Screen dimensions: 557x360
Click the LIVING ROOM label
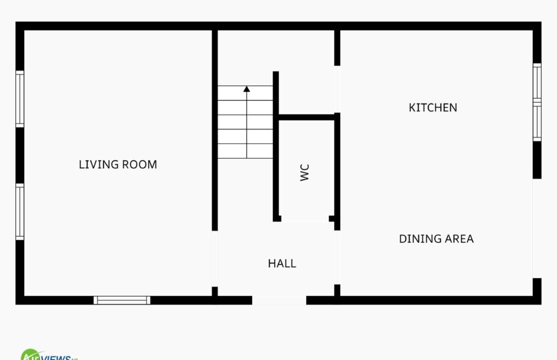[x=118, y=165]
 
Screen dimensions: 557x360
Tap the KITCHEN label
[x=433, y=107]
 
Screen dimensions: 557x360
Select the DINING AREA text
[x=436, y=239]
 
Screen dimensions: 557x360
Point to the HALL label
[x=282, y=263]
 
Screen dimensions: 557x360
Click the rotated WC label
[x=305, y=173]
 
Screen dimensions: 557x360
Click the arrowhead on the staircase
[x=247, y=89]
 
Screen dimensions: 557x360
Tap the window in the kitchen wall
[x=537, y=102]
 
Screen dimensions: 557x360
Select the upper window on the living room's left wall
[x=20, y=99]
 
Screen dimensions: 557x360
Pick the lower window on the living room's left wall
[x=20, y=211]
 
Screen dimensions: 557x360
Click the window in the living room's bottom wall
[x=122, y=301]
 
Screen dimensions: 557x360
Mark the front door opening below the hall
[x=280, y=301]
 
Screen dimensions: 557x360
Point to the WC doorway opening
[x=305, y=219]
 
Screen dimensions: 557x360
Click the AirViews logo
[x=49, y=355]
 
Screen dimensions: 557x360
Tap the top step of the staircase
[x=245, y=93]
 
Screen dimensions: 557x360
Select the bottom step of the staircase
[x=245, y=151]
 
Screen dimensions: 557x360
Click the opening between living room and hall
[x=215, y=259]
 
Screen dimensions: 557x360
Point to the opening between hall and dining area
[x=337, y=257]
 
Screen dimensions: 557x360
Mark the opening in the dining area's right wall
[x=537, y=228]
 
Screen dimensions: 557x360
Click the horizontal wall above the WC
[x=307, y=117]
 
